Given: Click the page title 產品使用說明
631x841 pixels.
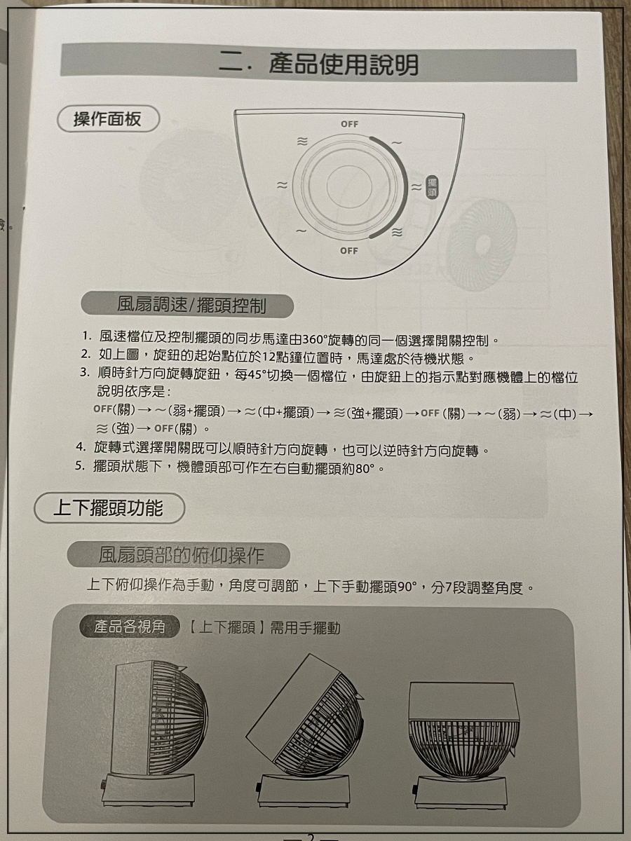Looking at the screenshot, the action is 343,64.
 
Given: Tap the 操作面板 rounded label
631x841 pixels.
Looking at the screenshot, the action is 108,119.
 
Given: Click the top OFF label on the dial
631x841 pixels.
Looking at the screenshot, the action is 349,124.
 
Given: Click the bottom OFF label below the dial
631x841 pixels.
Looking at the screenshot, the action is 348,251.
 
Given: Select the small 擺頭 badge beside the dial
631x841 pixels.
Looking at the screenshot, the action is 432,188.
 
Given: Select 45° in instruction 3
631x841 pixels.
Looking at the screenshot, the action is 257,375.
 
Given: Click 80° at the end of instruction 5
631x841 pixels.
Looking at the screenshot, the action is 365,468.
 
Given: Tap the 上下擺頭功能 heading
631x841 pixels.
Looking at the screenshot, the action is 109,508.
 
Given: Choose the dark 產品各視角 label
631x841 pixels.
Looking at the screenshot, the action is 130,627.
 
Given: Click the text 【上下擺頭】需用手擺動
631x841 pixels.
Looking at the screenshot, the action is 264,627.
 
